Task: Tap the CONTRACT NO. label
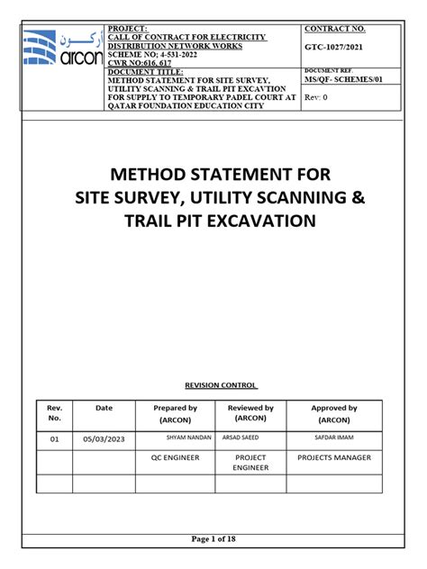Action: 334,30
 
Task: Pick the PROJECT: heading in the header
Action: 128,30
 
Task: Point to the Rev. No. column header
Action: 53,413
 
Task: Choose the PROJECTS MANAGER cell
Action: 333,457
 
